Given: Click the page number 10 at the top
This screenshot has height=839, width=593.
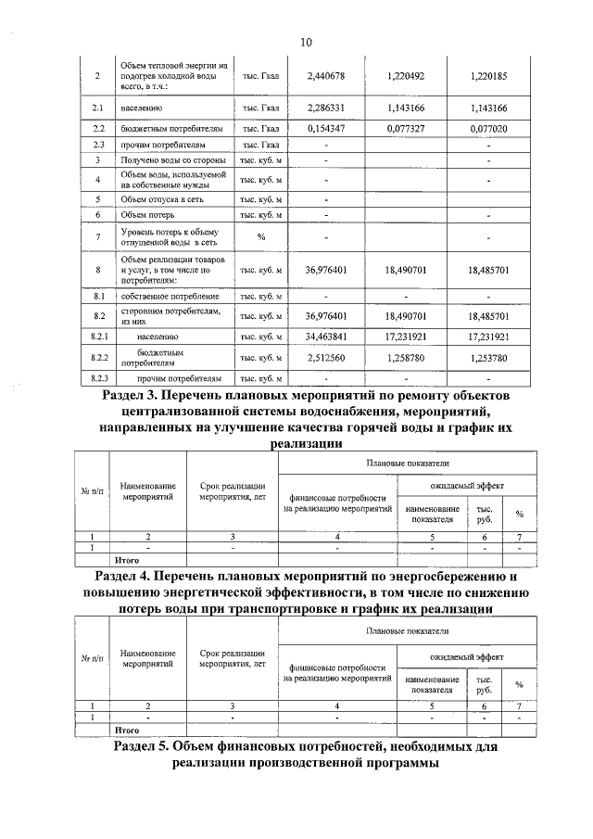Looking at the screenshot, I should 306,42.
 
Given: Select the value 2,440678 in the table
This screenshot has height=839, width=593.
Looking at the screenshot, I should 325,74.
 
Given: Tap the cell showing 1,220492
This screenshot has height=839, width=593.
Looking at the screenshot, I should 405,74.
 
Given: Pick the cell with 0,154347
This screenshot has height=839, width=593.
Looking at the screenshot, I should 325,129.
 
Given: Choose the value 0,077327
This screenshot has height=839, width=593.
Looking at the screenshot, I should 405,129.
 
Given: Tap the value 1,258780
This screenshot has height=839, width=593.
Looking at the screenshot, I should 405,358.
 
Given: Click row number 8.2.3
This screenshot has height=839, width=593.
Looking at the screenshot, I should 99,379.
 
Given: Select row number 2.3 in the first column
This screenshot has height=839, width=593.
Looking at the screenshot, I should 99,145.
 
